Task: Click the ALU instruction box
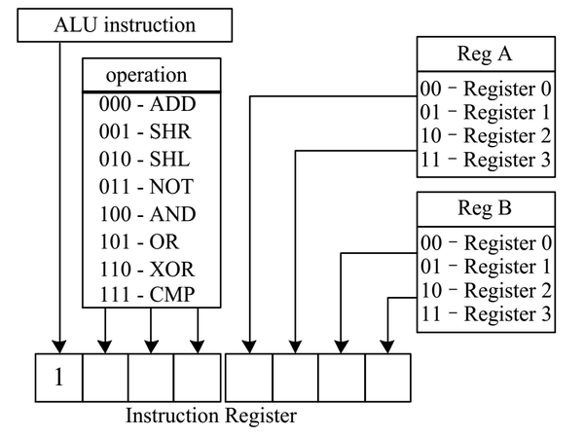(125, 25)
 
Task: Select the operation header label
(146, 75)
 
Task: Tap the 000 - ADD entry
(147, 104)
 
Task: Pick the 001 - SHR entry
(145, 131)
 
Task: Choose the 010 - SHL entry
(144, 159)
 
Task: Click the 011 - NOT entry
(146, 187)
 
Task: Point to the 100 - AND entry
(148, 214)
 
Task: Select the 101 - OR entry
(139, 241)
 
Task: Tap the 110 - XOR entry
(147, 270)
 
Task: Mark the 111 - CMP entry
(147, 295)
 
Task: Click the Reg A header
(485, 54)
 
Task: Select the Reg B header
(485, 208)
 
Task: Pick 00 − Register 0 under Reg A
(486, 89)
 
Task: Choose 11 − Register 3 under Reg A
(486, 160)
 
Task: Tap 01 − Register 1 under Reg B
(486, 267)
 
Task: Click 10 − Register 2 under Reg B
(486, 291)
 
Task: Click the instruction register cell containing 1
(58, 378)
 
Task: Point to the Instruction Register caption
(211, 416)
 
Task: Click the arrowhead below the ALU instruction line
(59, 346)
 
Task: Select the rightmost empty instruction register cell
(387, 378)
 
